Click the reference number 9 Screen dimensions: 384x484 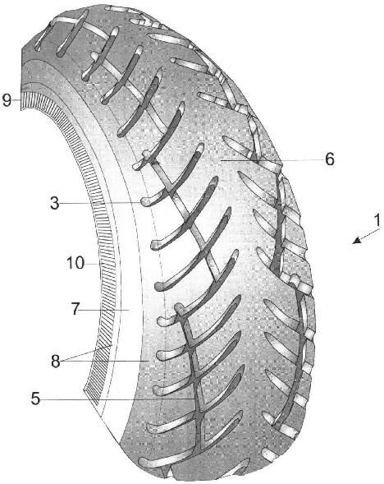pyautogui.click(x=7, y=100)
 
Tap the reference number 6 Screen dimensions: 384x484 pyautogui.click(x=330, y=159)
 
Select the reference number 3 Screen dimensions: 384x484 pyautogui.click(x=55, y=204)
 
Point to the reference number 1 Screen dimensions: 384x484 pyautogui.click(x=377, y=220)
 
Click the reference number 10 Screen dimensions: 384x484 pyautogui.click(x=75, y=263)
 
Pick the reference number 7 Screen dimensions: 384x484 pyautogui.click(x=75, y=309)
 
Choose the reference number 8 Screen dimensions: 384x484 pyautogui.click(x=56, y=361)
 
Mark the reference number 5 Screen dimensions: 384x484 pyautogui.click(x=35, y=399)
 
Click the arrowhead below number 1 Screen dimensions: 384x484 pyautogui.click(x=357, y=240)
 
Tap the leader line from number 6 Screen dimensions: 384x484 pyautogui.click(x=272, y=161)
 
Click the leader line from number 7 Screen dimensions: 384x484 pyautogui.click(x=106, y=309)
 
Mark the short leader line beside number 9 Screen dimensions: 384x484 pyautogui.click(x=16, y=99)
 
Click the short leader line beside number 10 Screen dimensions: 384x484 pyautogui.click(x=93, y=264)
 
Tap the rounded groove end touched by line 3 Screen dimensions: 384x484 pyautogui.click(x=146, y=202)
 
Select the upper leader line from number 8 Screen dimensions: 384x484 pyautogui.click(x=87, y=353)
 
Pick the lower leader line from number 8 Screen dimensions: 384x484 pyautogui.click(x=105, y=361)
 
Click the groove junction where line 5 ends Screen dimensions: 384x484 pyautogui.click(x=194, y=399)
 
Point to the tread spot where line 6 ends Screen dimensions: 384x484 pyautogui.click(x=221, y=160)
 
